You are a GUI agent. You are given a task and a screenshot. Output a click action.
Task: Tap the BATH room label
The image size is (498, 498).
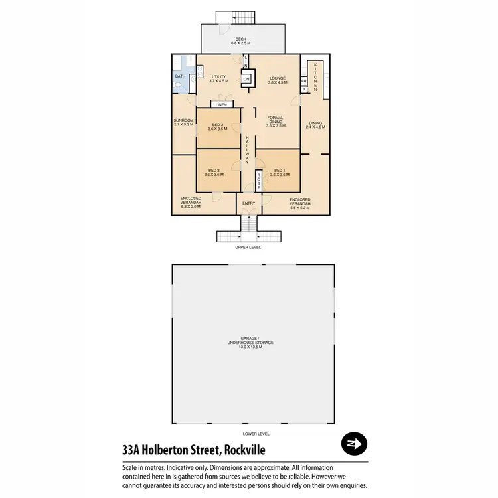coord(180,77)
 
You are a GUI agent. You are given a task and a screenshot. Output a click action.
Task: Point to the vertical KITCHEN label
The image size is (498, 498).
coord(316,74)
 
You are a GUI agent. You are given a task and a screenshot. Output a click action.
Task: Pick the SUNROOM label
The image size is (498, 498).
coord(183,122)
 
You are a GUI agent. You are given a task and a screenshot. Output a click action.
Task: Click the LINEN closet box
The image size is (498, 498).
coord(221,104)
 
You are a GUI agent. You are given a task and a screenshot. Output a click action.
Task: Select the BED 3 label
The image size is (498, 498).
coord(218,127)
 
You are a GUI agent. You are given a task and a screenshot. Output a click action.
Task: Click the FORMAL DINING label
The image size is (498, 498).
coord(275,121)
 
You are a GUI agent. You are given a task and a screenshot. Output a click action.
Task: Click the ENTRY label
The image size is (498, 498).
coord(249,203)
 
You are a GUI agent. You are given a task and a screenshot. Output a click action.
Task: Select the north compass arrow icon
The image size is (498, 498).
coord(353,444)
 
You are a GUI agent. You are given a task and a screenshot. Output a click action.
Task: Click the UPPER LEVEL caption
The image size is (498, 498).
coord(248,247)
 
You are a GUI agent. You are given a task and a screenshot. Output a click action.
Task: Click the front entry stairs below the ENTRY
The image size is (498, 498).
coord(249,228)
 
